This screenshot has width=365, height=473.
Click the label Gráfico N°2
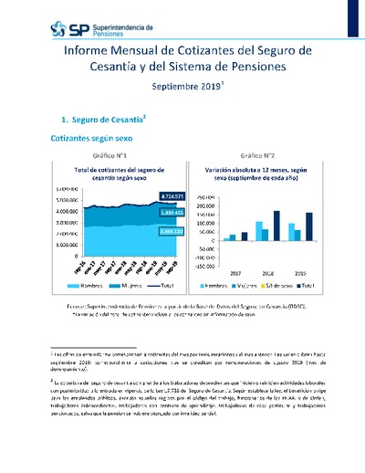254,155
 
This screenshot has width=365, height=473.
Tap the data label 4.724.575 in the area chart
147,195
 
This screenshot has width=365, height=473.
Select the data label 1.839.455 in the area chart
147,213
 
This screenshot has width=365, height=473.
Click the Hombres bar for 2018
258,231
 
